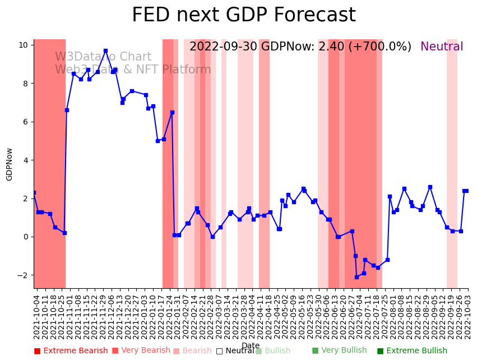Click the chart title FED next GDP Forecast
[243, 15]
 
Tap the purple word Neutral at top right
[442, 47]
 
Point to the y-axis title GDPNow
[10, 164]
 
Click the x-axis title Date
[251, 345]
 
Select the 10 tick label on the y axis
[24, 45]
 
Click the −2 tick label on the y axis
[22, 275]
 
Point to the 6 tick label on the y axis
[26, 122]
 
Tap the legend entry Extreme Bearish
[71, 351]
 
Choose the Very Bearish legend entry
[141, 350]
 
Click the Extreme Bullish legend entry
[412, 351]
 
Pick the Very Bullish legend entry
[339, 350]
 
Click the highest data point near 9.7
[105, 51]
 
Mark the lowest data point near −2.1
[356, 277]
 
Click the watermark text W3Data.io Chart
[103, 57]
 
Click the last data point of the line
[466, 191]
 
